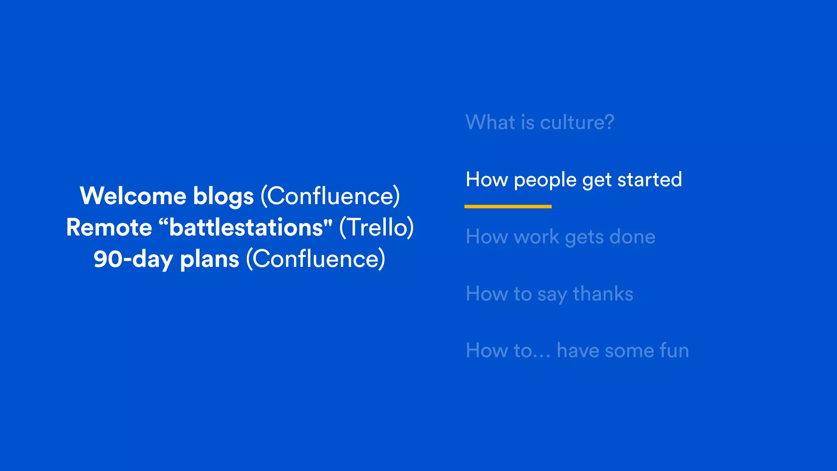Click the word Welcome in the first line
(133, 196)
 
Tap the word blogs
(223, 197)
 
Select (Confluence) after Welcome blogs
(330, 196)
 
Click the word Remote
(109, 227)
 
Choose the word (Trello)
(376, 227)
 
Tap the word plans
(209, 259)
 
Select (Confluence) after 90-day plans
(316, 259)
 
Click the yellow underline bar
(508, 206)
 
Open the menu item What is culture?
(539, 122)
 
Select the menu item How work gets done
(560, 237)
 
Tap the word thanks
(603, 294)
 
